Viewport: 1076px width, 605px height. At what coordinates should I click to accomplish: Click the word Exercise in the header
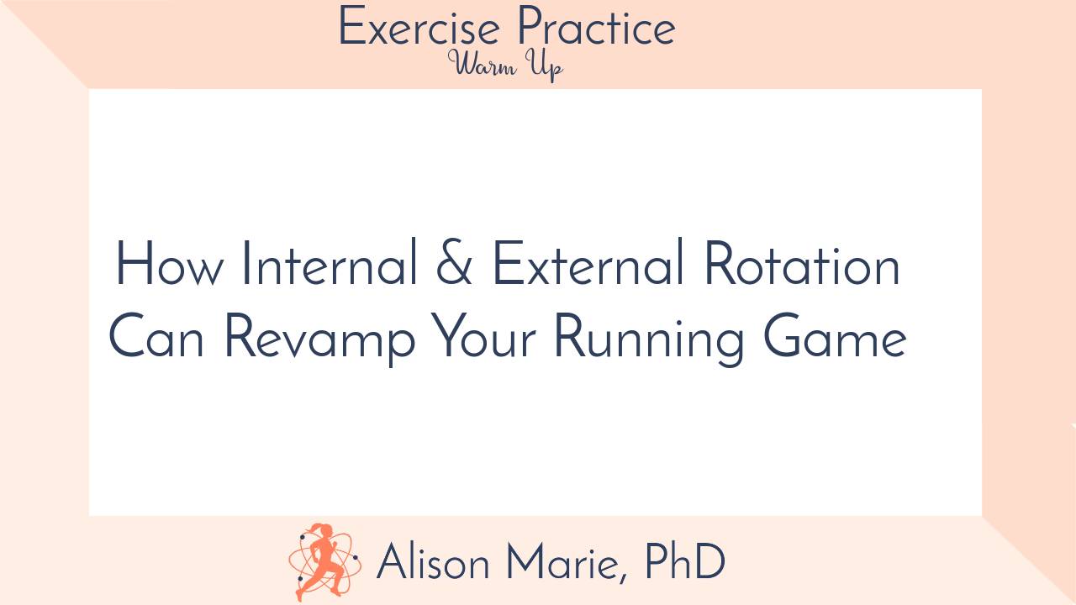(x=419, y=29)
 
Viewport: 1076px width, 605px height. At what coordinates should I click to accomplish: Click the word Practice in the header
(x=596, y=29)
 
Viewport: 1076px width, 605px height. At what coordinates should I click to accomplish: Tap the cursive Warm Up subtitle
(x=505, y=66)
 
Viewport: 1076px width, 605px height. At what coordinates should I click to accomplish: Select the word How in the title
(x=170, y=265)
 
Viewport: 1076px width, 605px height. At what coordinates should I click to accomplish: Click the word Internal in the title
(x=330, y=265)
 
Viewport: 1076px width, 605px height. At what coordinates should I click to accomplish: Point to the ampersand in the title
(x=455, y=266)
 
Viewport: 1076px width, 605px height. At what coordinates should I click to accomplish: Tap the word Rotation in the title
(x=801, y=265)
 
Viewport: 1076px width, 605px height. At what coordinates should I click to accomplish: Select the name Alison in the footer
(x=433, y=562)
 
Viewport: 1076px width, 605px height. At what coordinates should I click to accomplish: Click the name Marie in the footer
(x=566, y=563)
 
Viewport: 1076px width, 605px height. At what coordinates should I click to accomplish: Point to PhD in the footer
(x=684, y=562)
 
